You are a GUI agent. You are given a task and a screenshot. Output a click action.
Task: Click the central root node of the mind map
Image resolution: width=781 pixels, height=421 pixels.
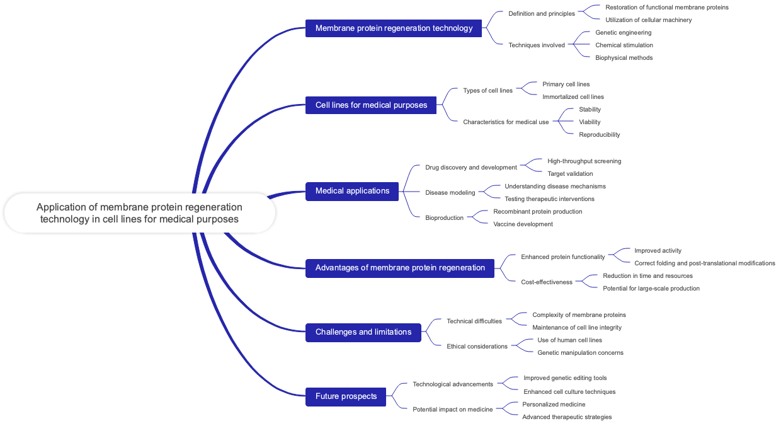tap(139, 213)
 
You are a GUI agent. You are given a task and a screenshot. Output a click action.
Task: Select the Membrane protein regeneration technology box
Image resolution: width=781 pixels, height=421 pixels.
tap(394, 28)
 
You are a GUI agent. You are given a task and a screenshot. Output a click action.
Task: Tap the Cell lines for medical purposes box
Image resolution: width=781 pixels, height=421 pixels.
tap(371, 105)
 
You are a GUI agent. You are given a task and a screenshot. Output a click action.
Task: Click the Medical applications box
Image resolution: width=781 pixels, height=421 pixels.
tap(352, 190)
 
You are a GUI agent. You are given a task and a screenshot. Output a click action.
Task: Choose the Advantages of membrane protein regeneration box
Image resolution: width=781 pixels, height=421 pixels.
tap(400, 267)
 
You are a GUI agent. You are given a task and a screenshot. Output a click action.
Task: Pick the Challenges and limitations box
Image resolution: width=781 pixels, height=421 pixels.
tap(363, 332)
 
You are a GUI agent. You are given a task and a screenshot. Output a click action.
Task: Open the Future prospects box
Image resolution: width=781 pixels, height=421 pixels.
tap(346, 396)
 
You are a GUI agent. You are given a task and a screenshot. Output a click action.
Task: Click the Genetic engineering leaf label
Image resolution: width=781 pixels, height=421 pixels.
tap(623, 32)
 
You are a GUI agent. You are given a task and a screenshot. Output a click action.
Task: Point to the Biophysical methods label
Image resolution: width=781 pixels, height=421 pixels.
tap(624, 57)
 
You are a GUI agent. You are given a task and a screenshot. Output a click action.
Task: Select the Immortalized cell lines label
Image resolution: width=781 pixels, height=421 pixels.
tap(573, 96)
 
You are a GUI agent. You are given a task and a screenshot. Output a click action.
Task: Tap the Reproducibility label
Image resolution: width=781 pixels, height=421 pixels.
tap(599, 134)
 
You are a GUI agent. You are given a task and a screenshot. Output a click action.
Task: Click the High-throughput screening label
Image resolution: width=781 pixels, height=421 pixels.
tap(584, 161)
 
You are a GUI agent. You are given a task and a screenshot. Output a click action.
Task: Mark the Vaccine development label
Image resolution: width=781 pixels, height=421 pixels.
tap(523, 224)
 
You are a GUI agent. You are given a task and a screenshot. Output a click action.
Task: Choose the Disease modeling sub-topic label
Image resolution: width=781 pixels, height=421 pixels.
tap(450, 192)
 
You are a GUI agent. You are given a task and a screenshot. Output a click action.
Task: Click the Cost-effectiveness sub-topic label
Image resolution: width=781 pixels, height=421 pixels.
tap(547, 282)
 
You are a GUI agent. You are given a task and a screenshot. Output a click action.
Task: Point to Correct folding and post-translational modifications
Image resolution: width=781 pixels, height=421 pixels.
tap(704, 263)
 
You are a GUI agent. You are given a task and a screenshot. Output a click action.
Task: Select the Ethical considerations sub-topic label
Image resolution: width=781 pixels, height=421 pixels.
tap(477, 346)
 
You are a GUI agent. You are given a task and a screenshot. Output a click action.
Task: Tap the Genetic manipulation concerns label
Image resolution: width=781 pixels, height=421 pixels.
tap(580, 352)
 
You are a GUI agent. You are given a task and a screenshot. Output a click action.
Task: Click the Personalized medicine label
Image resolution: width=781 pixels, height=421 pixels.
tap(554, 404)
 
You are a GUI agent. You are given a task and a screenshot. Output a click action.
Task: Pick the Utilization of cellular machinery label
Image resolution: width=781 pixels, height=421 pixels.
tap(648, 20)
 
